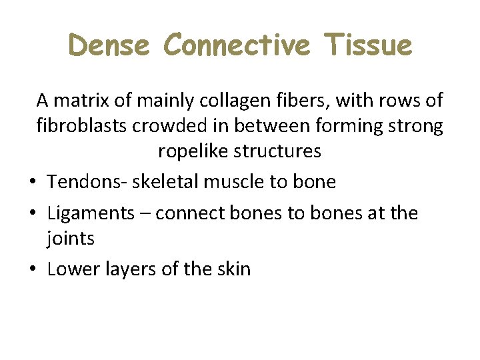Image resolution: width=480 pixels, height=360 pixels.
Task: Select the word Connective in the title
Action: [x=237, y=45]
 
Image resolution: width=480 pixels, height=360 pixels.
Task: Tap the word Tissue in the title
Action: [x=369, y=45]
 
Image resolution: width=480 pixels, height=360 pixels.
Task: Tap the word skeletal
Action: [x=151, y=181]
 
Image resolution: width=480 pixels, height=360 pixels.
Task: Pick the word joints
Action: [x=71, y=239]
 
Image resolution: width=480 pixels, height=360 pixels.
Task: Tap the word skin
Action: [x=235, y=269]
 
